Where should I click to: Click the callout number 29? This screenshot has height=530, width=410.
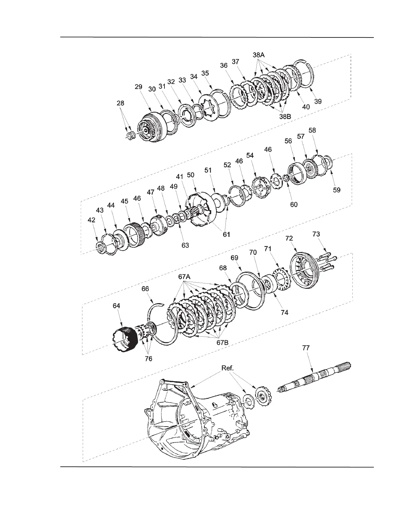(138, 87)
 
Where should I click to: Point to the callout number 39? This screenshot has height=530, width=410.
(318, 101)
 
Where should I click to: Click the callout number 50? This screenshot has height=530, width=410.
(191, 175)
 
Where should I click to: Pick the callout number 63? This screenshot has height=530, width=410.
(185, 245)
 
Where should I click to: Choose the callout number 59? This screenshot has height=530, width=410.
(337, 190)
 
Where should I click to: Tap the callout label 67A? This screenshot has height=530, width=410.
(184, 277)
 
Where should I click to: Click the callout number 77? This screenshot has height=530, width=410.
(306, 348)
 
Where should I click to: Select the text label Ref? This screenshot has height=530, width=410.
(227, 368)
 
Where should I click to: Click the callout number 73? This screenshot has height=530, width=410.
(316, 234)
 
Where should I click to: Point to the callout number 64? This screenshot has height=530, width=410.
(116, 306)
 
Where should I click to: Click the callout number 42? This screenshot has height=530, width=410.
(91, 220)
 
